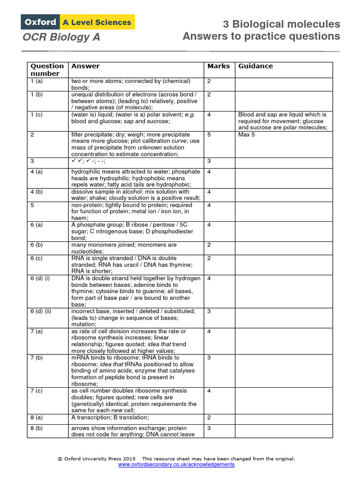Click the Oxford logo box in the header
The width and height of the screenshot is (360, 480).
39,22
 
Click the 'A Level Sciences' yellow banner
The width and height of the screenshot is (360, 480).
97,22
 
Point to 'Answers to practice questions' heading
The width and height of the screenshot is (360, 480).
261,37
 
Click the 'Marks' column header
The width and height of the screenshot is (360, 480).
218,66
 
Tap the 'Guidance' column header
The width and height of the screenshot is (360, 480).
255,66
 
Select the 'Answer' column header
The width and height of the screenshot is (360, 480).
85,66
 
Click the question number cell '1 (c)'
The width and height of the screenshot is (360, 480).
37,114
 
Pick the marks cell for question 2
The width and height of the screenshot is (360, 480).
209,135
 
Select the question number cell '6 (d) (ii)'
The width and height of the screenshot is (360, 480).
45,311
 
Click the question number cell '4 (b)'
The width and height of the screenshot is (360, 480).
37,192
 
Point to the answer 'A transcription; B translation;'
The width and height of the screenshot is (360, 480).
110,418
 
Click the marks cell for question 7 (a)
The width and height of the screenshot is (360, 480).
209,331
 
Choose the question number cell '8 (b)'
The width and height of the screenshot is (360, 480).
37,428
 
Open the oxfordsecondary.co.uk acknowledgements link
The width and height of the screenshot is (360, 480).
176,464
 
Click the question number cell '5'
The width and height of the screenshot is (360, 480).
32,205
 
